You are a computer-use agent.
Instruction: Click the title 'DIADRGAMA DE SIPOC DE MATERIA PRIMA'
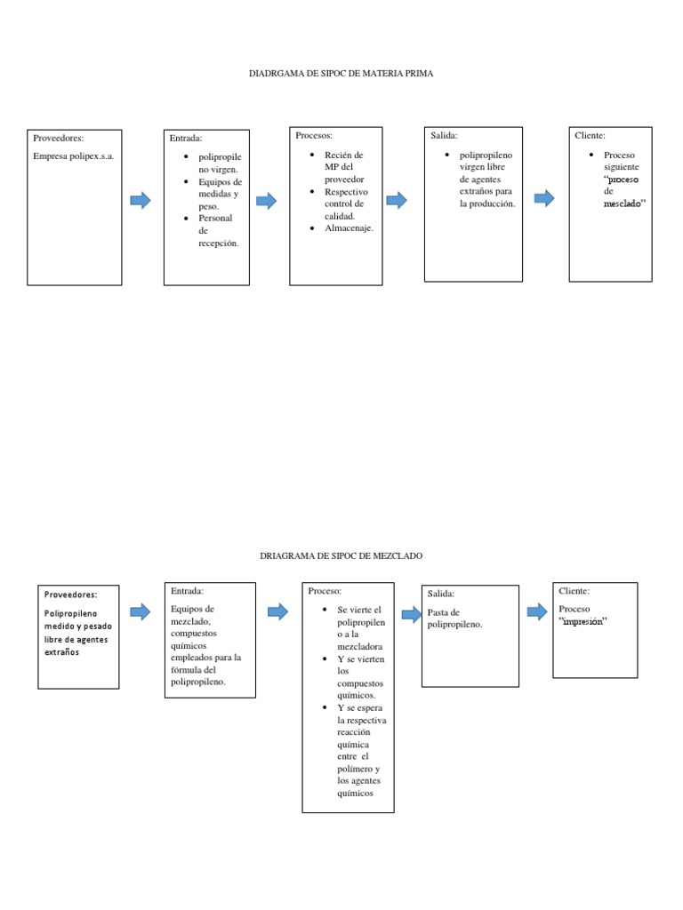pyautogui.click(x=341, y=74)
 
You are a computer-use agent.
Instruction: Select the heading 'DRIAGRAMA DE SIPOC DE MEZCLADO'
pyautogui.click(x=341, y=556)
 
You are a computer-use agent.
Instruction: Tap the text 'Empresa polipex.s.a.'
pyautogui.click(x=73, y=156)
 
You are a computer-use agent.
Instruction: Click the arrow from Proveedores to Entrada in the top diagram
pyautogui.click(x=141, y=200)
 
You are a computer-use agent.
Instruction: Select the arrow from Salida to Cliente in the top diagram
pyautogui.click(x=544, y=198)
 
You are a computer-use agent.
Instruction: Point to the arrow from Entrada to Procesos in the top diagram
pyautogui.click(x=267, y=201)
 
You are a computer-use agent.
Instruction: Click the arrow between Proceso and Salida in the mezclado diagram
pyautogui.click(x=411, y=614)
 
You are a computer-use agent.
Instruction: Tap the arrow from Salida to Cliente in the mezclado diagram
pyautogui.click(x=537, y=611)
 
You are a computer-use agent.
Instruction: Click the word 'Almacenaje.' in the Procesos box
pyautogui.click(x=349, y=228)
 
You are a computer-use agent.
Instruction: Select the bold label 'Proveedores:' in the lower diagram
pyautogui.click(x=71, y=595)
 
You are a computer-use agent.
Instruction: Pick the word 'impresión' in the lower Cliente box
pyautogui.click(x=583, y=621)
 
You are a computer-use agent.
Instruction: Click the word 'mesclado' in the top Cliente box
pyautogui.click(x=622, y=204)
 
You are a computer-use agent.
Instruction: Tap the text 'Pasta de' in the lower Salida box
pyautogui.click(x=443, y=612)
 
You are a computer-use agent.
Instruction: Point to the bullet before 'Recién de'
pyautogui.click(x=312, y=155)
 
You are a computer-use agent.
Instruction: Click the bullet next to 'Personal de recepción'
pyautogui.click(x=186, y=219)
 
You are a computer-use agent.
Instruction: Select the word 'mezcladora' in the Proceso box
pyautogui.click(x=359, y=647)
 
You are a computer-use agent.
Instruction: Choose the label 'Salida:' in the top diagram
pyautogui.click(x=444, y=136)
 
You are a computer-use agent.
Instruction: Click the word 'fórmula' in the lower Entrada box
pyautogui.click(x=185, y=670)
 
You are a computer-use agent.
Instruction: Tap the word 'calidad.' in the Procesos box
pyautogui.click(x=339, y=216)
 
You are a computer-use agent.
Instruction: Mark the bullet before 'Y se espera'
pyautogui.click(x=325, y=707)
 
